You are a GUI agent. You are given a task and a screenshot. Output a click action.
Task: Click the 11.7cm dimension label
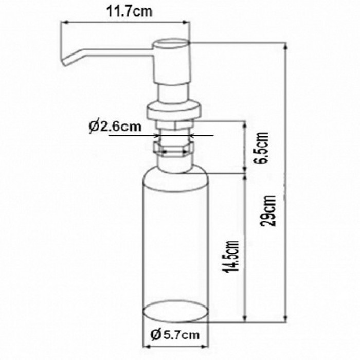129,12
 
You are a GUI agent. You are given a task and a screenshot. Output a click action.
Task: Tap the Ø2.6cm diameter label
115,127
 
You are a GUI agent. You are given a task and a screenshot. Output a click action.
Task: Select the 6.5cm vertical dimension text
262,148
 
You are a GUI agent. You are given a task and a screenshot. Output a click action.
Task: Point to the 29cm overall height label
268,210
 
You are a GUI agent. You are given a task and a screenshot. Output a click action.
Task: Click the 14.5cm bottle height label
231,257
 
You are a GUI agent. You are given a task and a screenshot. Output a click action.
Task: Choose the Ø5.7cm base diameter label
175,335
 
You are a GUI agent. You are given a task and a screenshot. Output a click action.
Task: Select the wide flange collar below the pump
174,112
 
